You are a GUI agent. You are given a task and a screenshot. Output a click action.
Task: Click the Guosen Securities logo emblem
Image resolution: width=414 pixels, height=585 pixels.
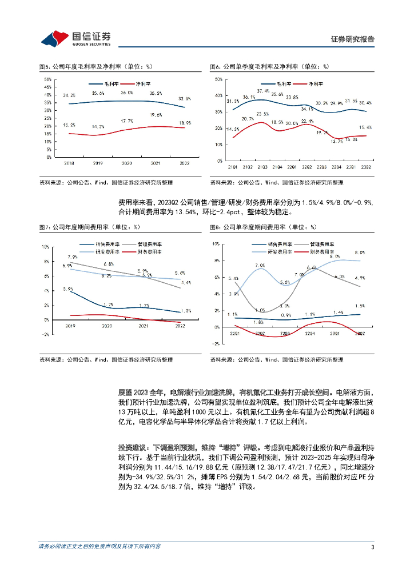click(x=54, y=38)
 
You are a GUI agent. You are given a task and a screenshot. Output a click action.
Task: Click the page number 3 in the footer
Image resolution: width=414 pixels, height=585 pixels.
click(x=372, y=547)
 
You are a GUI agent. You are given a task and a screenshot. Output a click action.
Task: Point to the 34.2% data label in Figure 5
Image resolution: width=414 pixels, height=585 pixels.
click(x=69, y=95)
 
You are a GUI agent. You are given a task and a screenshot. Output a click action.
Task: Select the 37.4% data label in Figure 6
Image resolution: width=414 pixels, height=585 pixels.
click(x=262, y=91)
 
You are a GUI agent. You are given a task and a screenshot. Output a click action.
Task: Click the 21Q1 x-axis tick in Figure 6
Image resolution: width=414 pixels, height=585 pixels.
click(x=232, y=167)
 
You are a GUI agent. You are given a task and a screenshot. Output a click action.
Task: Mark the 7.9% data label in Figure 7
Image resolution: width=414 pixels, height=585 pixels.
click(x=72, y=258)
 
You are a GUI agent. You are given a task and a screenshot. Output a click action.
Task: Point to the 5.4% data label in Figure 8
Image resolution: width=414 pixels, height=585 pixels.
click(x=233, y=279)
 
